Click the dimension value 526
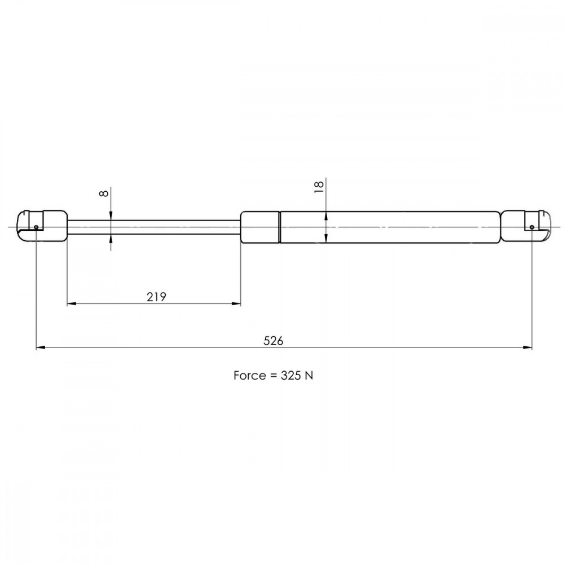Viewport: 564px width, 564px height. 273,341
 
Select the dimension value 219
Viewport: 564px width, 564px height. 156,297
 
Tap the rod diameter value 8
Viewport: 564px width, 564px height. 104,193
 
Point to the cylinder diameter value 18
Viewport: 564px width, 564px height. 319,187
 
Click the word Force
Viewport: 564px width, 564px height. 250,376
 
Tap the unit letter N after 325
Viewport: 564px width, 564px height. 309,376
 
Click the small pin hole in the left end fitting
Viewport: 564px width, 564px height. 36,227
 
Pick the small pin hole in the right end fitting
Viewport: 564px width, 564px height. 532,227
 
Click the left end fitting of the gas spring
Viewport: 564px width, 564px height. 42,226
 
